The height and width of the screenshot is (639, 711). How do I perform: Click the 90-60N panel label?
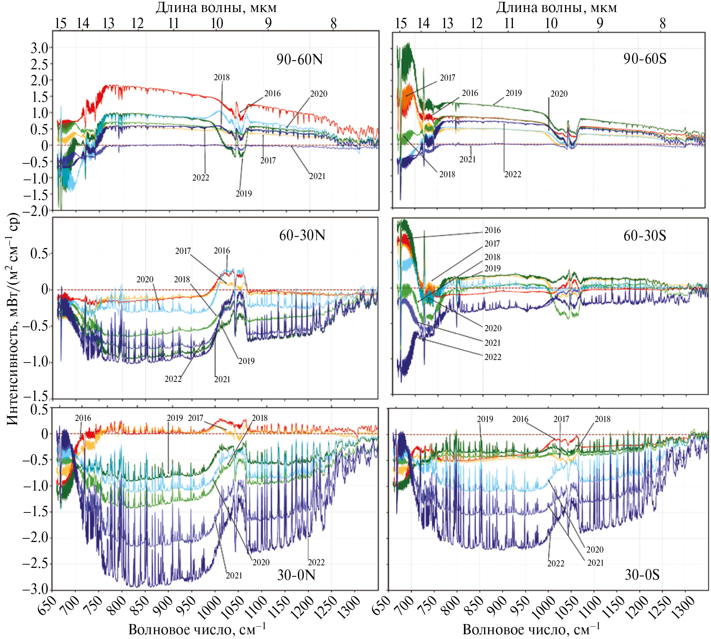[x=300, y=59]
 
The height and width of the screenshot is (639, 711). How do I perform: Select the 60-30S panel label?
[x=645, y=236]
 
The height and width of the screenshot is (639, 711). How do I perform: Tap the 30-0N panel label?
[x=296, y=575]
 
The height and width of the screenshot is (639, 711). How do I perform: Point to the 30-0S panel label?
[x=642, y=575]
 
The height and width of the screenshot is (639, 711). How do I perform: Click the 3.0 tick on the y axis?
[x=39, y=48]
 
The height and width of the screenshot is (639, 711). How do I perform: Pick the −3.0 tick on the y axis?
[x=36, y=589]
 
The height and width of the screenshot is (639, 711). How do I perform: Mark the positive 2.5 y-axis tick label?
[x=39, y=65]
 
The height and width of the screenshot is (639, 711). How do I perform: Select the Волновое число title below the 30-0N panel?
[x=197, y=630]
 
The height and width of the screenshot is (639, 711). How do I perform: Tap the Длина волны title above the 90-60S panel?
[x=556, y=8]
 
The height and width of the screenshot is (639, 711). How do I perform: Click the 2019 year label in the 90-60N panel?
[x=244, y=194]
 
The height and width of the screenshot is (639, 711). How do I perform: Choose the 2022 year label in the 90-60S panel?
[x=513, y=174]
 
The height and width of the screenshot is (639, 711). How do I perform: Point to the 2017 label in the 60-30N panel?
[x=183, y=251]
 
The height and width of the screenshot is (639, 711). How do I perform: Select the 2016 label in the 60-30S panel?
[x=492, y=230]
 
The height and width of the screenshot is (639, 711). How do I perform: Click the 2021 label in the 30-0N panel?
[x=234, y=576]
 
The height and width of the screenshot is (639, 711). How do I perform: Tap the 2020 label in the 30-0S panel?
[x=595, y=550]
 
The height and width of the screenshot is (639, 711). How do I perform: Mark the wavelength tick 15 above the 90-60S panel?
[x=401, y=23]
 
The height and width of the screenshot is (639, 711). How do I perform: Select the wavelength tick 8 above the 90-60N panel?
[x=333, y=23]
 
